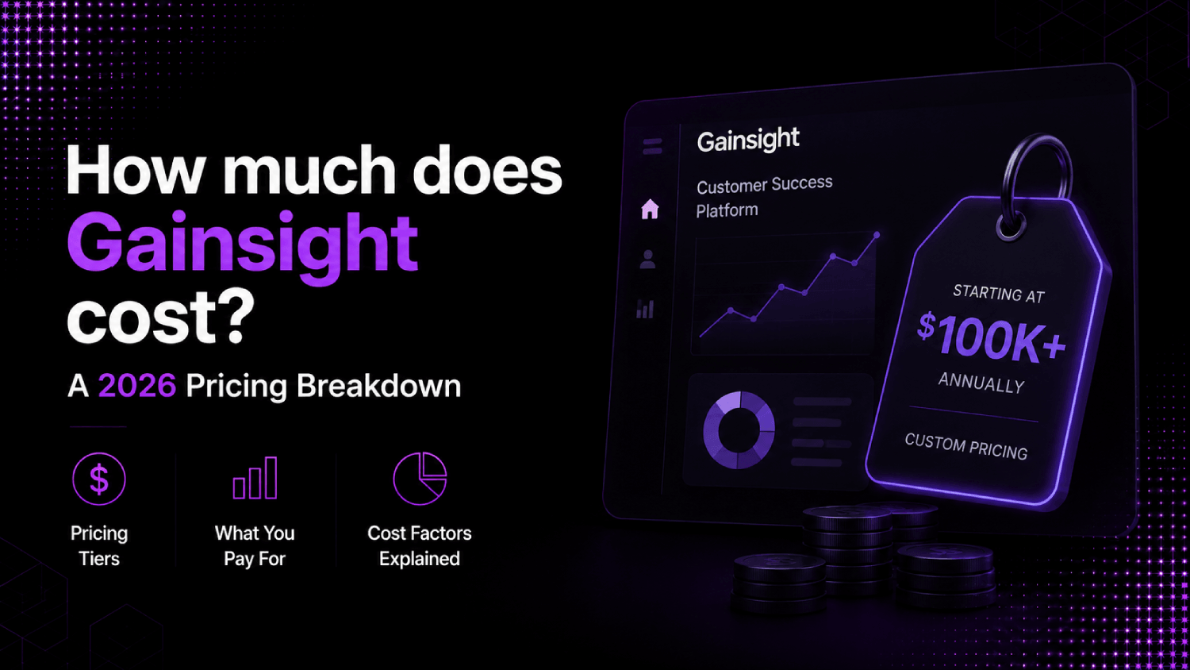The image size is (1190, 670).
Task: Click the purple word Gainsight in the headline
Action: [242, 247]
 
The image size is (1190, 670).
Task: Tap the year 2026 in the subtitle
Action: [137, 386]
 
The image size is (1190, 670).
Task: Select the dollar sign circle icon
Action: [99, 479]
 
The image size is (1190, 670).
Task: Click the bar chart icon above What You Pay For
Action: [255, 478]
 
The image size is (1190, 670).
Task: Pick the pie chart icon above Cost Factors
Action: [420, 479]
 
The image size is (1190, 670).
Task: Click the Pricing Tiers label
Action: [99, 545]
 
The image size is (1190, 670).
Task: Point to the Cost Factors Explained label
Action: [420, 545]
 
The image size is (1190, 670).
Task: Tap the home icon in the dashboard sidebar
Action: [650, 209]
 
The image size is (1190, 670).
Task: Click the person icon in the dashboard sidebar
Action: [647, 260]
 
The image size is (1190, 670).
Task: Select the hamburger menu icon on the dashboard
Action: [652, 146]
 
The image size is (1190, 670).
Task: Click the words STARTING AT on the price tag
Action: [999, 294]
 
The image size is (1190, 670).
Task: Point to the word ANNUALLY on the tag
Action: [981, 383]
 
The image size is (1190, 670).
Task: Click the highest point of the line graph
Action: [877, 235]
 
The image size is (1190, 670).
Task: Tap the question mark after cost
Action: [233, 316]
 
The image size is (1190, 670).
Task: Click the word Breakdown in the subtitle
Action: [378, 386]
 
